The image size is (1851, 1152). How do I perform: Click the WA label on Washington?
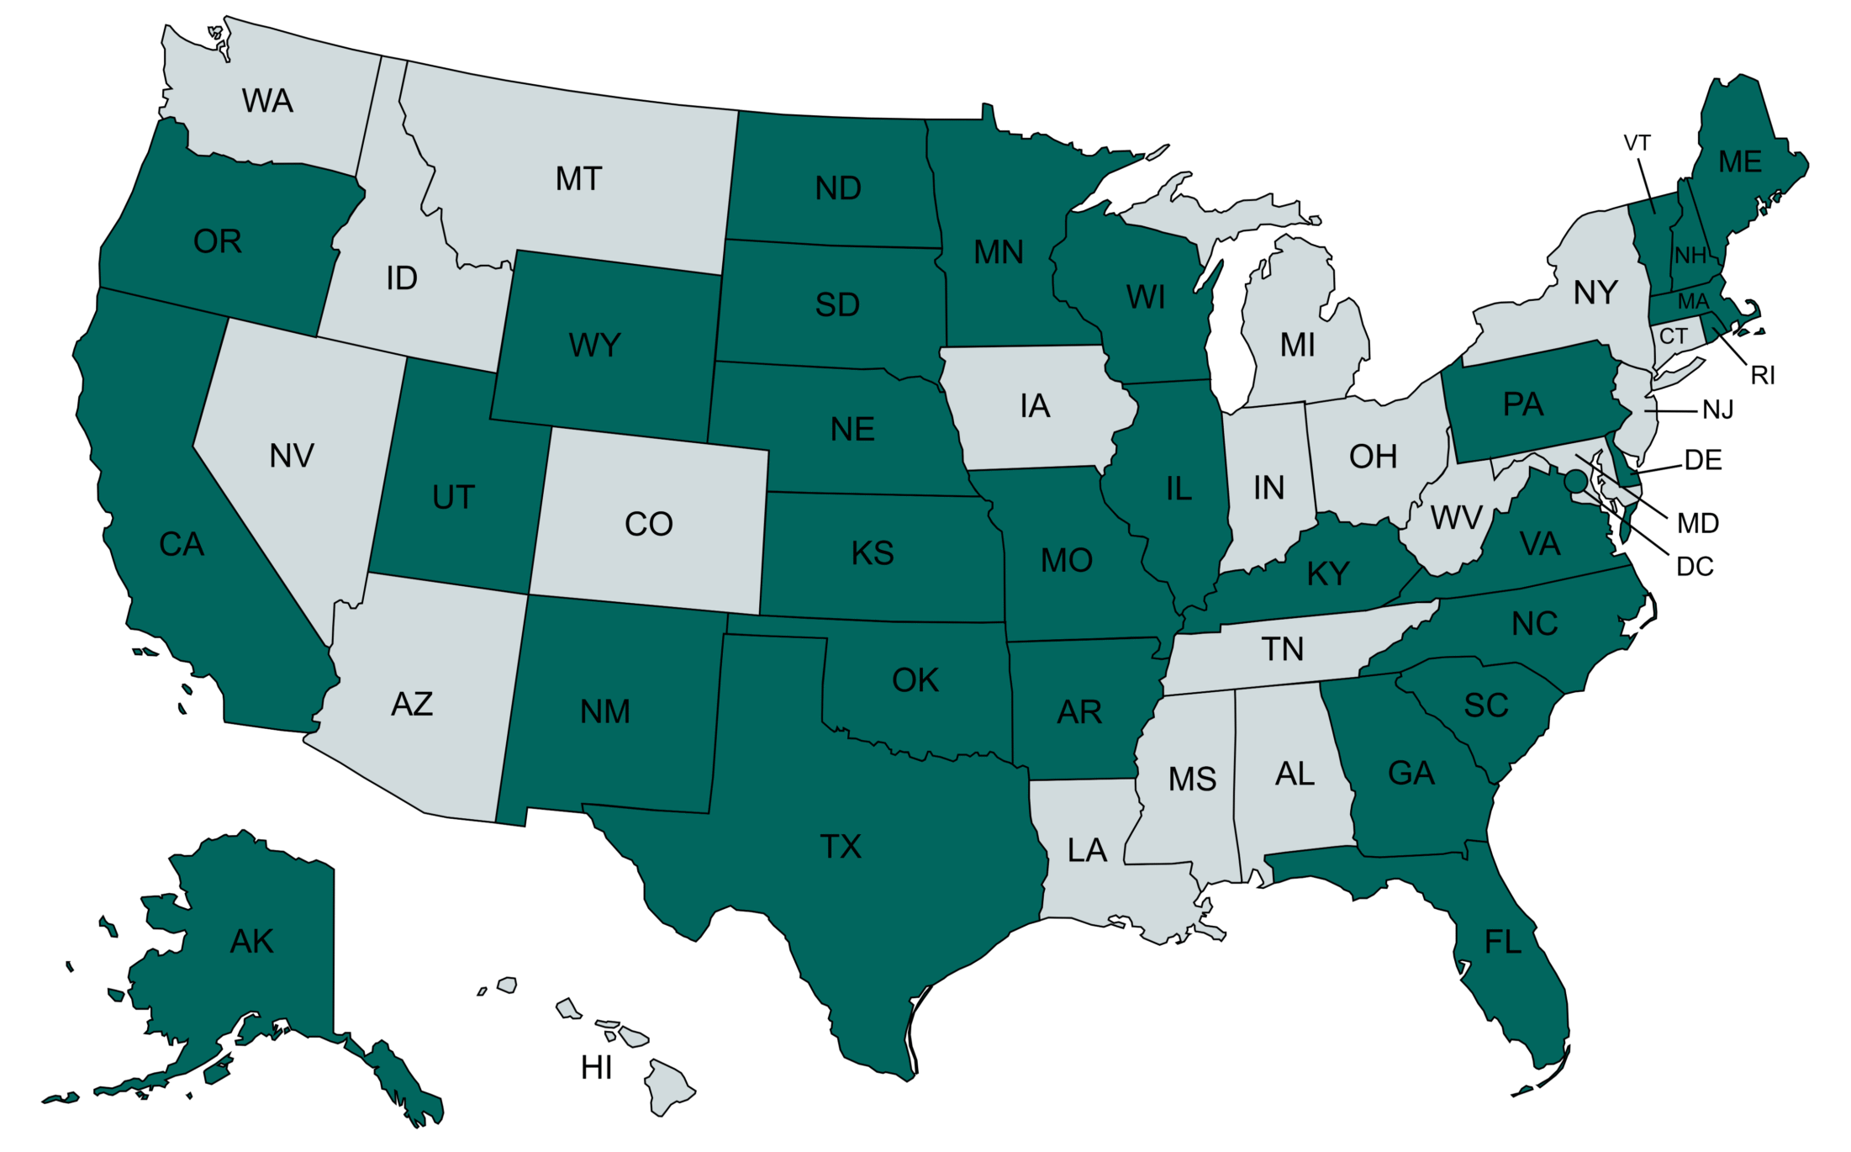tap(267, 101)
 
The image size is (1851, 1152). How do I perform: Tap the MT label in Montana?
tap(578, 179)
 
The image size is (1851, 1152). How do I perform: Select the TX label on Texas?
tap(841, 847)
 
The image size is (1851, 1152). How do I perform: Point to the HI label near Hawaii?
tap(596, 1068)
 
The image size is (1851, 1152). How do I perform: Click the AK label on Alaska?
tap(251, 942)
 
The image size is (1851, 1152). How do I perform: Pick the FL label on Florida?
tap(1503, 943)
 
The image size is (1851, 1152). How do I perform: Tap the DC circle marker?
tap(1575, 481)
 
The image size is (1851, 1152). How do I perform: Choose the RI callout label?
tap(1763, 375)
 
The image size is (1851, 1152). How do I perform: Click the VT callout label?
tap(1637, 143)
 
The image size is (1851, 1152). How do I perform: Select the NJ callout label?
tap(1718, 410)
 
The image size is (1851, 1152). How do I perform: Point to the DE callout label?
tap(1703, 460)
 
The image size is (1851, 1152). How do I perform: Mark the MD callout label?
tap(1698, 524)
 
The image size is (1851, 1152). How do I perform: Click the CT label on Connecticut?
tap(1673, 336)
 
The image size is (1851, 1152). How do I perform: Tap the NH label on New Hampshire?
tap(1690, 256)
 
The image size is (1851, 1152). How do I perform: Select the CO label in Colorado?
tap(648, 525)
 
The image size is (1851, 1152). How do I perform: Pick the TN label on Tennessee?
tap(1282, 649)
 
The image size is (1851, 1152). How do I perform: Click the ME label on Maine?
tap(1740, 162)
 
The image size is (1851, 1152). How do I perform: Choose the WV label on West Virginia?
tap(1456, 518)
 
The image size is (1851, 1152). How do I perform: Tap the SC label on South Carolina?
tap(1485, 705)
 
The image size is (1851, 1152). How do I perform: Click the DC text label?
tap(1695, 567)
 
